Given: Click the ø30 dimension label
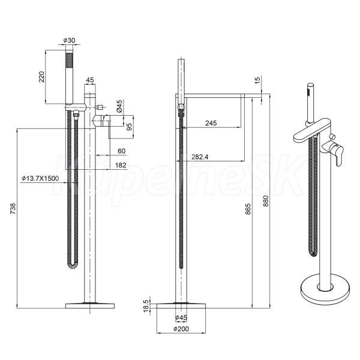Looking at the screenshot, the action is pyautogui.click(x=69, y=40).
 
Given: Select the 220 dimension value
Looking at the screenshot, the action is pyautogui.click(x=41, y=77).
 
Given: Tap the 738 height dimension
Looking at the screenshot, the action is pyautogui.click(x=13, y=208).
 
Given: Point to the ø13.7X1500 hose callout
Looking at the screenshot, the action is pyautogui.click(x=40, y=178).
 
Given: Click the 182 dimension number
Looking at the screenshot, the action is pyautogui.click(x=121, y=165).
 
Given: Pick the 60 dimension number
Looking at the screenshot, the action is pyautogui.click(x=121, y=151).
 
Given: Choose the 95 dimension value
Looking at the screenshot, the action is pyautogui.click(x=129, y=127).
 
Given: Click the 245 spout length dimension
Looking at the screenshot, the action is pyautogui.click(x=211, y=123).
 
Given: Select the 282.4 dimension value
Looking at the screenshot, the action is pyautogui.click(x=200, y=157).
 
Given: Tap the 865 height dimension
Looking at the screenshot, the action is pyautogui.click(x=248, y=209).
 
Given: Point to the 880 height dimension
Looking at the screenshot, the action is pyautogui.click(x=266, y=201).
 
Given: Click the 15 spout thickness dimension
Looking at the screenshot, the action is pyautogui.click(x=257, y=80).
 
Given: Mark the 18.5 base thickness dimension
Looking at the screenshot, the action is pyautogui.click(x=146, y=305).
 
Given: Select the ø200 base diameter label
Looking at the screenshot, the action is pyautogui.click(x=181, y=329).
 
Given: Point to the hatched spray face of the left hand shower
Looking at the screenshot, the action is pyautogui.click(x=69, y=60).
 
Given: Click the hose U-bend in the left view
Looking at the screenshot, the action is pyautogui.click(x=73, y=266).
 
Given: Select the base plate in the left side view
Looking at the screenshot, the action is pyautogui.click(x=90, y=306).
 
